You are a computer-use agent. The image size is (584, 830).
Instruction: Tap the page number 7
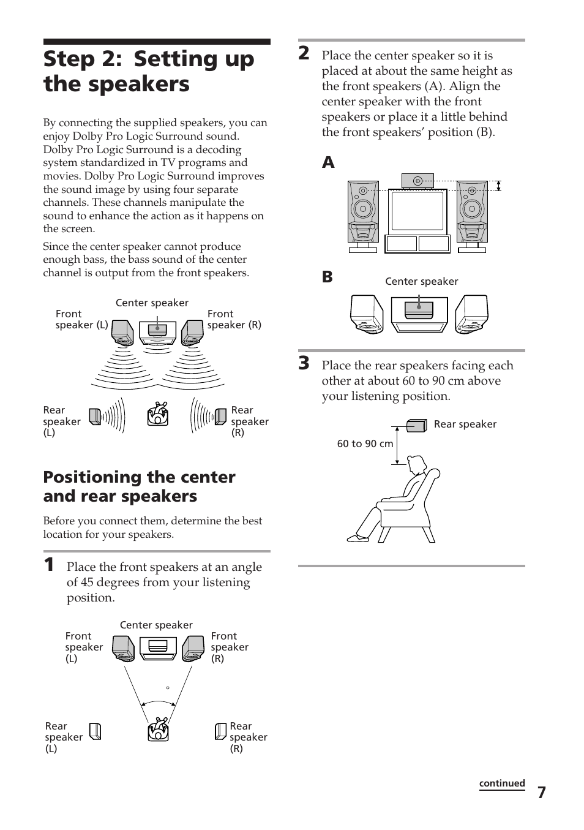click(x=541, y=793)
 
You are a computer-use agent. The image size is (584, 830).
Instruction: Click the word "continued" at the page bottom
click(x=501, y=783)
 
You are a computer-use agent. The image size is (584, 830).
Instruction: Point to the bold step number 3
click(x=304, y=363)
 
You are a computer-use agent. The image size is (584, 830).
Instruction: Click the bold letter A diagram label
click(x=329, y=162)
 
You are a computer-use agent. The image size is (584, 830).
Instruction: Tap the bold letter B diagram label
click(x=328, y=277)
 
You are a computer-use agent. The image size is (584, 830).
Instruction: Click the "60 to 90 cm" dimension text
click(x=365, y=443)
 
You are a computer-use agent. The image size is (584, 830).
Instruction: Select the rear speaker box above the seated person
click(x=417, y=425)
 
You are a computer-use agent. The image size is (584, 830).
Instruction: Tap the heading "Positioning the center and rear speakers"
click(x=139, y=486)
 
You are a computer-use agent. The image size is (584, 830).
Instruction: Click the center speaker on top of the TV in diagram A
click(x=417, y=181)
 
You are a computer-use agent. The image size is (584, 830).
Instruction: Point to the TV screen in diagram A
click(x=417, y=211)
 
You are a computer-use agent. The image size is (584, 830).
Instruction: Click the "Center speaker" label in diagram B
click(x=421, y=282)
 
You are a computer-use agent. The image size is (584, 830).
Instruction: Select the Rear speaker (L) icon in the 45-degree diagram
click(x=95, y=731)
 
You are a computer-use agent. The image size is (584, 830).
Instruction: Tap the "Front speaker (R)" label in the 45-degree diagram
click(x=229, y=647)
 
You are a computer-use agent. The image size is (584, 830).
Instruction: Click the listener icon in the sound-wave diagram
click(x=158, y=415)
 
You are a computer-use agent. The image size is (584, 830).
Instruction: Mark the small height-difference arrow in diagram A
click(x=499, y=186)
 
